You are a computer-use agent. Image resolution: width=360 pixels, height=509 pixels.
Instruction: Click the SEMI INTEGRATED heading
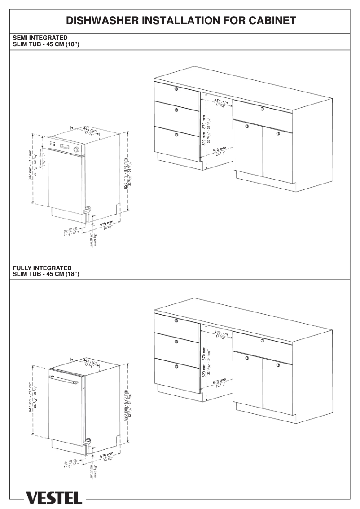click(x=40, y=37)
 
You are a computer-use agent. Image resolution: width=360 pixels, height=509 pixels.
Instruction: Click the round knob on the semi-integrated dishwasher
click(x=76, y=149)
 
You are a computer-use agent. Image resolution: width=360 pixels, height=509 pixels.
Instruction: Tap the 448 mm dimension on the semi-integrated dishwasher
click(x=90, y=131)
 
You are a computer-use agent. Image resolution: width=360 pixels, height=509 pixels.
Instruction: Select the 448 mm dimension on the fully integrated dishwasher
click(x=90, y=361)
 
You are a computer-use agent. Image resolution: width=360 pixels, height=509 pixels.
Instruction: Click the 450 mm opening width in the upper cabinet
click(x=221, y=102)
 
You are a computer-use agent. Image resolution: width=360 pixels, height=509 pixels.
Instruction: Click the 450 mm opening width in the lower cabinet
click(x=221, y=333)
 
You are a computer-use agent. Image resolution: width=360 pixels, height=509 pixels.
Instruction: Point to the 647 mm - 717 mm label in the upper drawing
click(x=30, y=165)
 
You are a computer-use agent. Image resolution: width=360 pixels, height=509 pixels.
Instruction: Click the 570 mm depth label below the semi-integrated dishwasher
click(x=106, y=224)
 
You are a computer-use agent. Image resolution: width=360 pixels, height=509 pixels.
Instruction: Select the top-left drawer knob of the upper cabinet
click(x=176, y=89)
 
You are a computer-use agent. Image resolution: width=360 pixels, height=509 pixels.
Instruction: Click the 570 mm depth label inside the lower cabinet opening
click(x=219, y=382)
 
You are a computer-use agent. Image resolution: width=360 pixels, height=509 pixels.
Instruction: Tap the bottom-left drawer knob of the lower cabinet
click(x=176, y=366)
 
